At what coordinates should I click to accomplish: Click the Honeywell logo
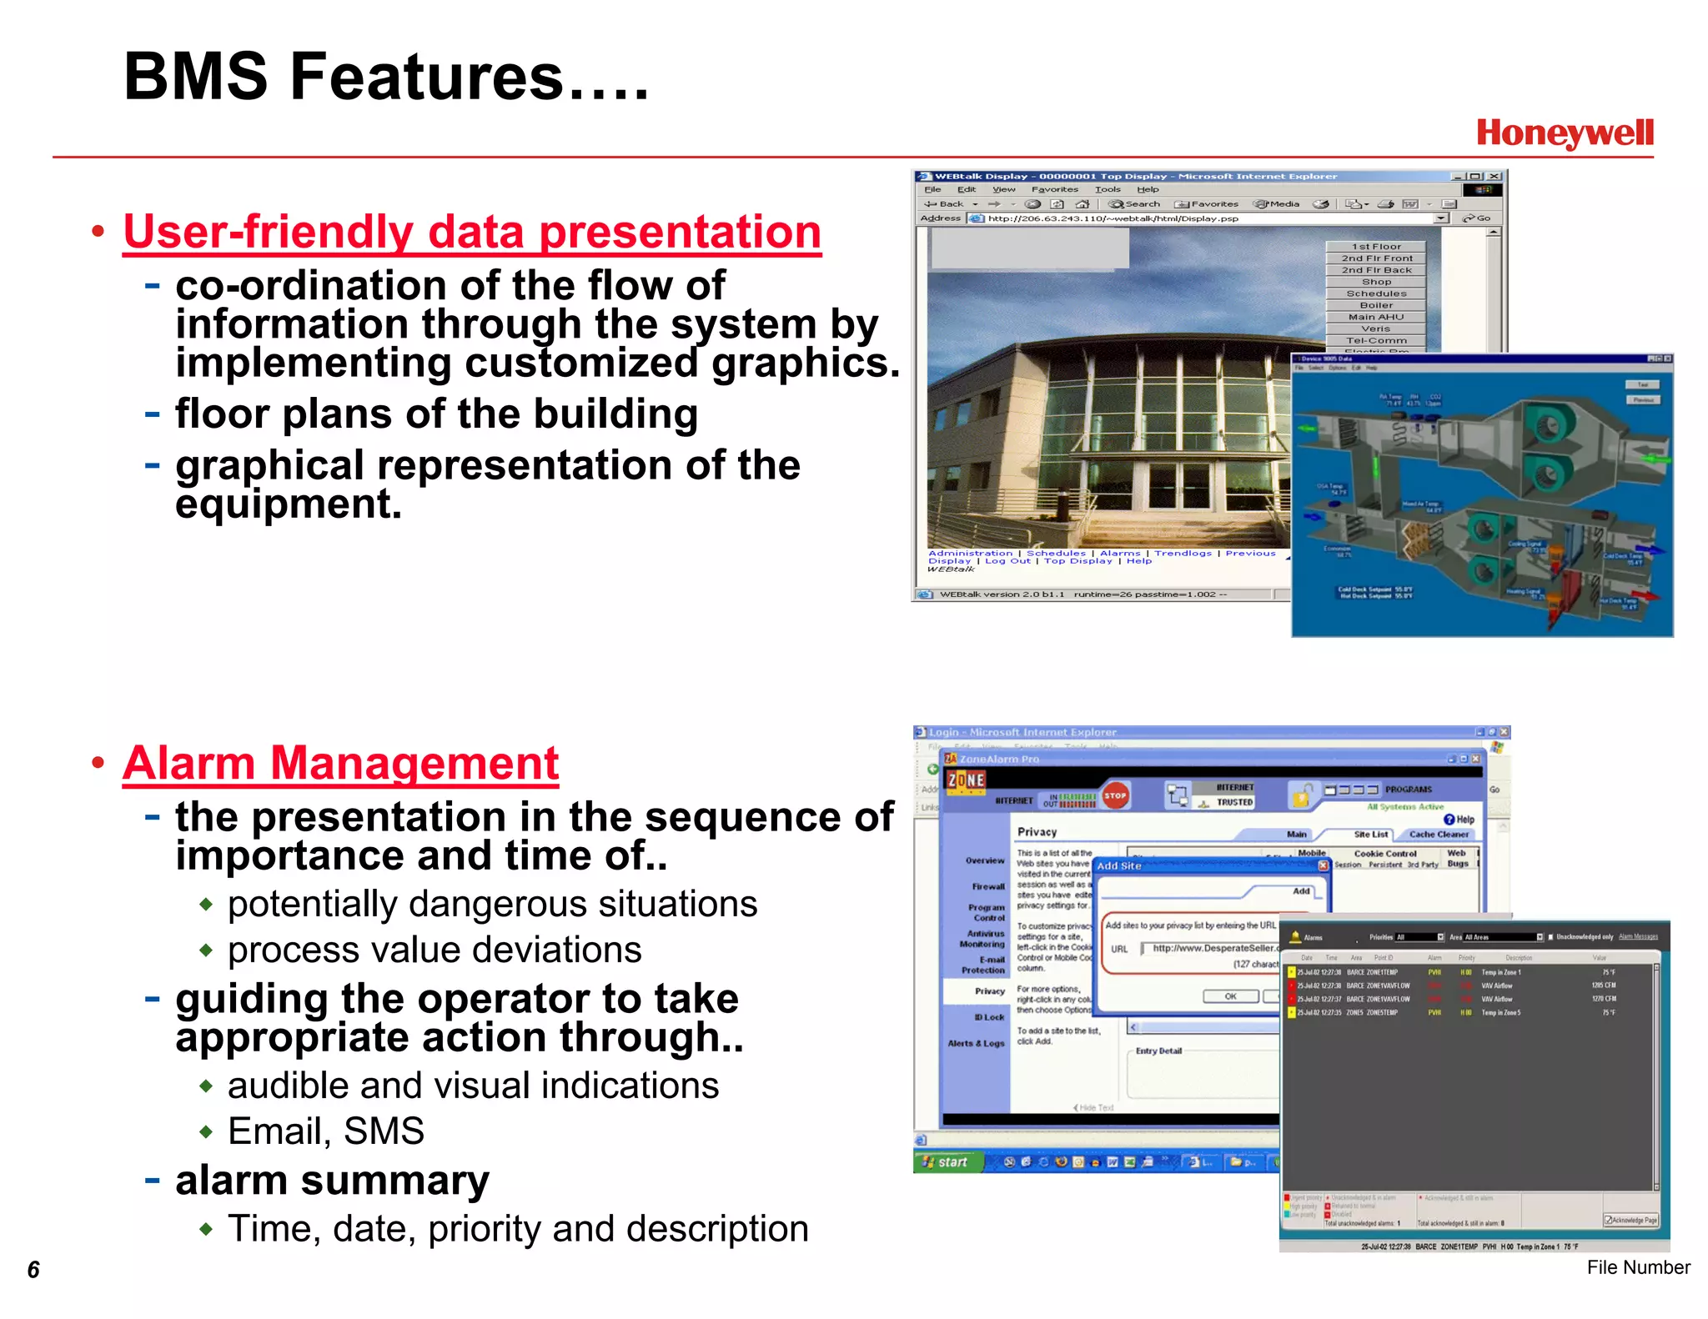point(1564,133)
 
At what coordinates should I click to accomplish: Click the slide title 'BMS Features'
point(385,77)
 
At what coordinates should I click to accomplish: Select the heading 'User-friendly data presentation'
point(472,232)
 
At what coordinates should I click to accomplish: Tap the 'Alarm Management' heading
point(340,763)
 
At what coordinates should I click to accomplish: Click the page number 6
point(33,1269)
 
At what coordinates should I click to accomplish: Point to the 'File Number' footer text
point(1637,1267)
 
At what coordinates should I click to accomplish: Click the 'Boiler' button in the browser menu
point(1376,305)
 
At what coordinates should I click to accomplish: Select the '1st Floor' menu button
point(1376,247)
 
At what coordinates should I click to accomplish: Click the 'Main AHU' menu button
point(1376,317)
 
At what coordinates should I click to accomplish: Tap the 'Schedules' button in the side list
point(1376,293)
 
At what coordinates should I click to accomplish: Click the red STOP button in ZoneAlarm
point(1115,795)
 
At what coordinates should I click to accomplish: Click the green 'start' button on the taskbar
point(947,1161)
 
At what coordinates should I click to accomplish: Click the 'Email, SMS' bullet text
point(325,1131)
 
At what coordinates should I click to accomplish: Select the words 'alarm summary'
point(332,1181)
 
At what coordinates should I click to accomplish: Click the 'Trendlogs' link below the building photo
point(1183,553)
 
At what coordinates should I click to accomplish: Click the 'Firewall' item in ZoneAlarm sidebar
point(988,886)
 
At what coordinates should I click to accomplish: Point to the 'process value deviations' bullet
point(434,950)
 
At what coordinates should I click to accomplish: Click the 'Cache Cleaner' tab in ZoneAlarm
point(1439,834)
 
